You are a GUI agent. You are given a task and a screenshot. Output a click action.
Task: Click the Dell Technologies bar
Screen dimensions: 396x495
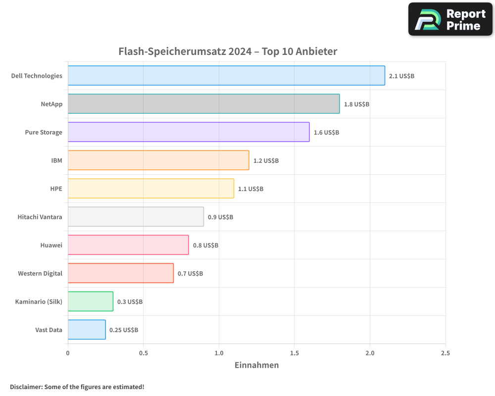coord(226,76)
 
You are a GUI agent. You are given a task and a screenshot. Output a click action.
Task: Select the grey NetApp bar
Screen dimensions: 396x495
coord(203,104)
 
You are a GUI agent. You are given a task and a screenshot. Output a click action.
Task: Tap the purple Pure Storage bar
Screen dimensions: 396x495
coord(189,132)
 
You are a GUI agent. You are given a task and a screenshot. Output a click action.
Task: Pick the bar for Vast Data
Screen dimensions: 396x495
coord(87,330)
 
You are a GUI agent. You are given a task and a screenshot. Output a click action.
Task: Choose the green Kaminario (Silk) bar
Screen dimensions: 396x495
coord(91,301)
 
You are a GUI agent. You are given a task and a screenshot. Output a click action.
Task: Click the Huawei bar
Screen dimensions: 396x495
coord(128,245)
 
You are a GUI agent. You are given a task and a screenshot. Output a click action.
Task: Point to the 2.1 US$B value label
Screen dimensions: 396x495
coord(401,76)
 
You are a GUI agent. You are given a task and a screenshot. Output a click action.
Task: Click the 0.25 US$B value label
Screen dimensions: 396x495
coord(124,330)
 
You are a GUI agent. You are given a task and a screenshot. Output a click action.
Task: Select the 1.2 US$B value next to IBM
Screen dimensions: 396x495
coord(266,161)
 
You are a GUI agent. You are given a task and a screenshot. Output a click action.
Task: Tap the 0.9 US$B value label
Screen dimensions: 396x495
coord(220,217)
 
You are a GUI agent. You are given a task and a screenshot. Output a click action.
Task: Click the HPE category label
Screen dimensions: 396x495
coord(56,189)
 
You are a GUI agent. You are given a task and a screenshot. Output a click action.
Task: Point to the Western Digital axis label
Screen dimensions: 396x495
coord(40,273)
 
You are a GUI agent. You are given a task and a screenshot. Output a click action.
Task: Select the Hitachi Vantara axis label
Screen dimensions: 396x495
coord(40,217)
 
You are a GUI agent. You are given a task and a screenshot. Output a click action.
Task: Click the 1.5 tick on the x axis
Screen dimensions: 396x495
coord(294,353)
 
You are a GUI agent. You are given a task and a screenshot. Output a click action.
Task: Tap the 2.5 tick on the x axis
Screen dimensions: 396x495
coord(445,353)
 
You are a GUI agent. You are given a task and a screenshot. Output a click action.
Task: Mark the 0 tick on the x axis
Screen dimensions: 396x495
coord(68,353)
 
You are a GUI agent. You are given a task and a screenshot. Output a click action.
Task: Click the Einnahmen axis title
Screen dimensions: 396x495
coord(256,365)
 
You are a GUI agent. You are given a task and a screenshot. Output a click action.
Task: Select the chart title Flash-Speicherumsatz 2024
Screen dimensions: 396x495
coord(228,51)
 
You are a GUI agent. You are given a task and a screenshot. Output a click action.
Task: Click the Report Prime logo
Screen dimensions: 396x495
coord(450,19)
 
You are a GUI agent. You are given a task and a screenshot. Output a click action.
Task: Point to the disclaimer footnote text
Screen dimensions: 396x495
coord(77,387)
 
